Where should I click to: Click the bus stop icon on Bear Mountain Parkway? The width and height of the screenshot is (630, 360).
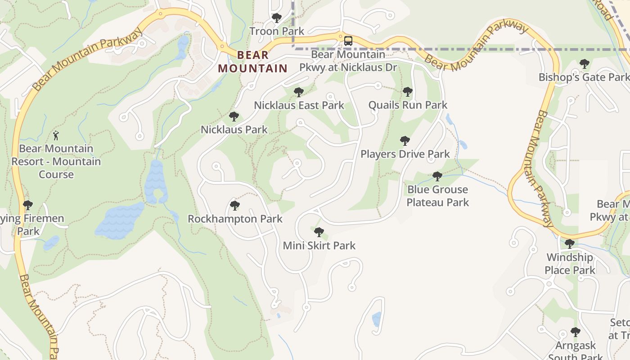coord(348,41)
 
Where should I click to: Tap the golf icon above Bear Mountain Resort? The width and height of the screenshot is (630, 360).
coord(56,135)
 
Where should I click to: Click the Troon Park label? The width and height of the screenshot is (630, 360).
coord(277,31)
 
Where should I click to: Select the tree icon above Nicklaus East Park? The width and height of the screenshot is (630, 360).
coord(298,92)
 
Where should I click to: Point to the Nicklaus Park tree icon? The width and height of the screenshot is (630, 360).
coord(234,117)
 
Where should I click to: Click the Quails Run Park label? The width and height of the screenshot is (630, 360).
coord(408,105)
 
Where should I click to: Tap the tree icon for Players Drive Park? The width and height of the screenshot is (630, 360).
coord(405,141)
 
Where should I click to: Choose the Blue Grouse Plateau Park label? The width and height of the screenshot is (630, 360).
coord(438,196)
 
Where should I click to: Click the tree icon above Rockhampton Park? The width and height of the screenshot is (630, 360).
coord(234,206)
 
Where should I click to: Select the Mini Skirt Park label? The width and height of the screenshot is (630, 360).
coord(319,245)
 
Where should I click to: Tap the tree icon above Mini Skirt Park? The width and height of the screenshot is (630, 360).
coord(319,232)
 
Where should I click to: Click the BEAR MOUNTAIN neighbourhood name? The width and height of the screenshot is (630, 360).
coord(252,62)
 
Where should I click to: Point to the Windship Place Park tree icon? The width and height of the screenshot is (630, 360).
coord(569,244)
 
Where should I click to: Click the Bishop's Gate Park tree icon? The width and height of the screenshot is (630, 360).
coord(584,64)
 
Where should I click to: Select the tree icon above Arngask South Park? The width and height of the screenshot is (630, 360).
coord(575,332)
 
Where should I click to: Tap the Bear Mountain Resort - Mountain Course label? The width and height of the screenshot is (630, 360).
coord(56,161)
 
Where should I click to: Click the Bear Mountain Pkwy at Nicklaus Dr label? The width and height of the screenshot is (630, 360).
coord(349,61)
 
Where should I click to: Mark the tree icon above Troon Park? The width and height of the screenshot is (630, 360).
coord(277,18)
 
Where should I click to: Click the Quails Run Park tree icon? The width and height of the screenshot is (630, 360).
coord(407,92)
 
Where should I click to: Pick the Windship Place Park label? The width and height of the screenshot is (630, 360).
coord(570,264)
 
